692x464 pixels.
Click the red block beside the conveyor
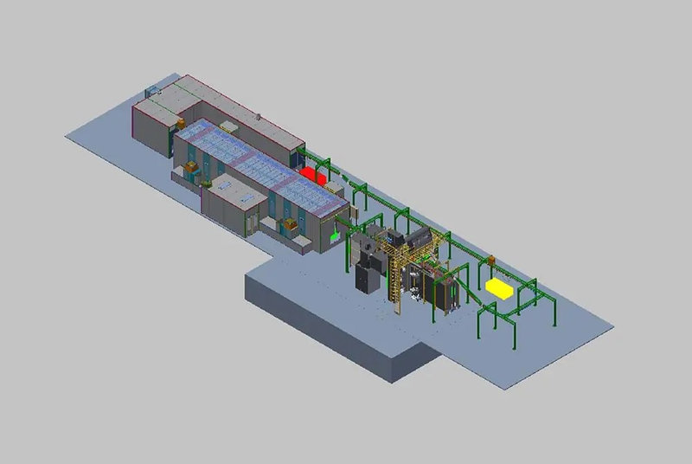313,174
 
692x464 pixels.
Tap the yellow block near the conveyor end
500,287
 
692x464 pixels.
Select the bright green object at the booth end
335,235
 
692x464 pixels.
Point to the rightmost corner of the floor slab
613,328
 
